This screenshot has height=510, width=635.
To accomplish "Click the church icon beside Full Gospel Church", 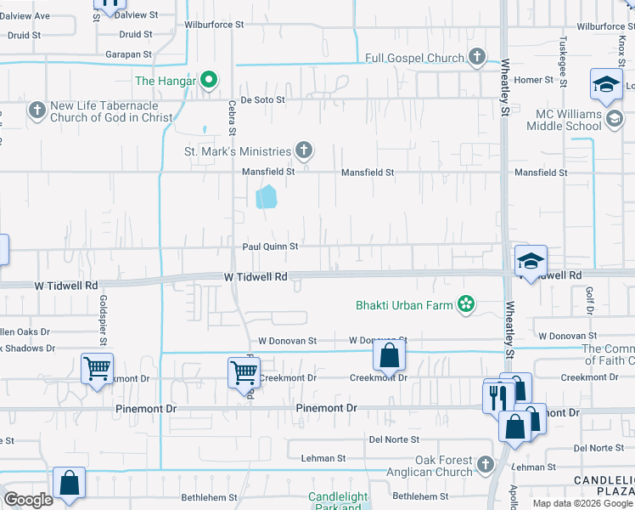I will point(477,58).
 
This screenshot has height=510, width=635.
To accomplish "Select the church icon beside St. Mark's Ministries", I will point(303,151).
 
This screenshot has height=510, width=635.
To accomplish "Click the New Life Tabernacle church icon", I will point(37,110).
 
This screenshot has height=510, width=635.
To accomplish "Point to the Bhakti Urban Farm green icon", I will point(465,304).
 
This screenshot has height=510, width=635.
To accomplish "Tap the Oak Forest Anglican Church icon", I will point(485,464).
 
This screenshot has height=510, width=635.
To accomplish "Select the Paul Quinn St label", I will point(270,246).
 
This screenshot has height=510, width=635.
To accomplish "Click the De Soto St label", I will point(263,99).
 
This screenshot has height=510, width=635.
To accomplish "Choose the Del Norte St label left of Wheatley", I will point(394,439).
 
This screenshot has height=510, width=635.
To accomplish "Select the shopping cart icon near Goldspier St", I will point(97,369).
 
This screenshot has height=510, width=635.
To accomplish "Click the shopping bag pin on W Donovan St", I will point(389,355).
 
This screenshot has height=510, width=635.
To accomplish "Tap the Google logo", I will point(28,500).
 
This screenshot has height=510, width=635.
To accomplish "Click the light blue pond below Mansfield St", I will point(267,197).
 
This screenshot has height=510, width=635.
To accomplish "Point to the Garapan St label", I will point(129,54).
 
